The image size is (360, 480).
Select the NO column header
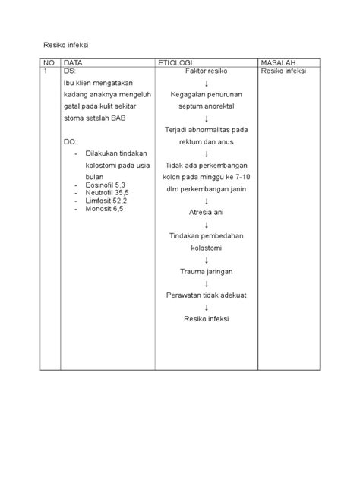pyautogui.click(x=49, y=62)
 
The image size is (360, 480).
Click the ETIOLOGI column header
pyautogui.click(x=175, y=62)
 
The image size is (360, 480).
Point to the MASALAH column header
pyautogui.click(x=278, y=62)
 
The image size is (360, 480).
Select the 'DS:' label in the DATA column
pyautogui.click(x=71, y=71)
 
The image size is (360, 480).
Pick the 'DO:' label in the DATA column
pyautogui.click(x=71, y=141)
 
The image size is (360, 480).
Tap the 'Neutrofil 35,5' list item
pyautogui.click(x=106, y=193)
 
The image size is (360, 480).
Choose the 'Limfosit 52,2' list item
pyautogui.click(x=106, y=201)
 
